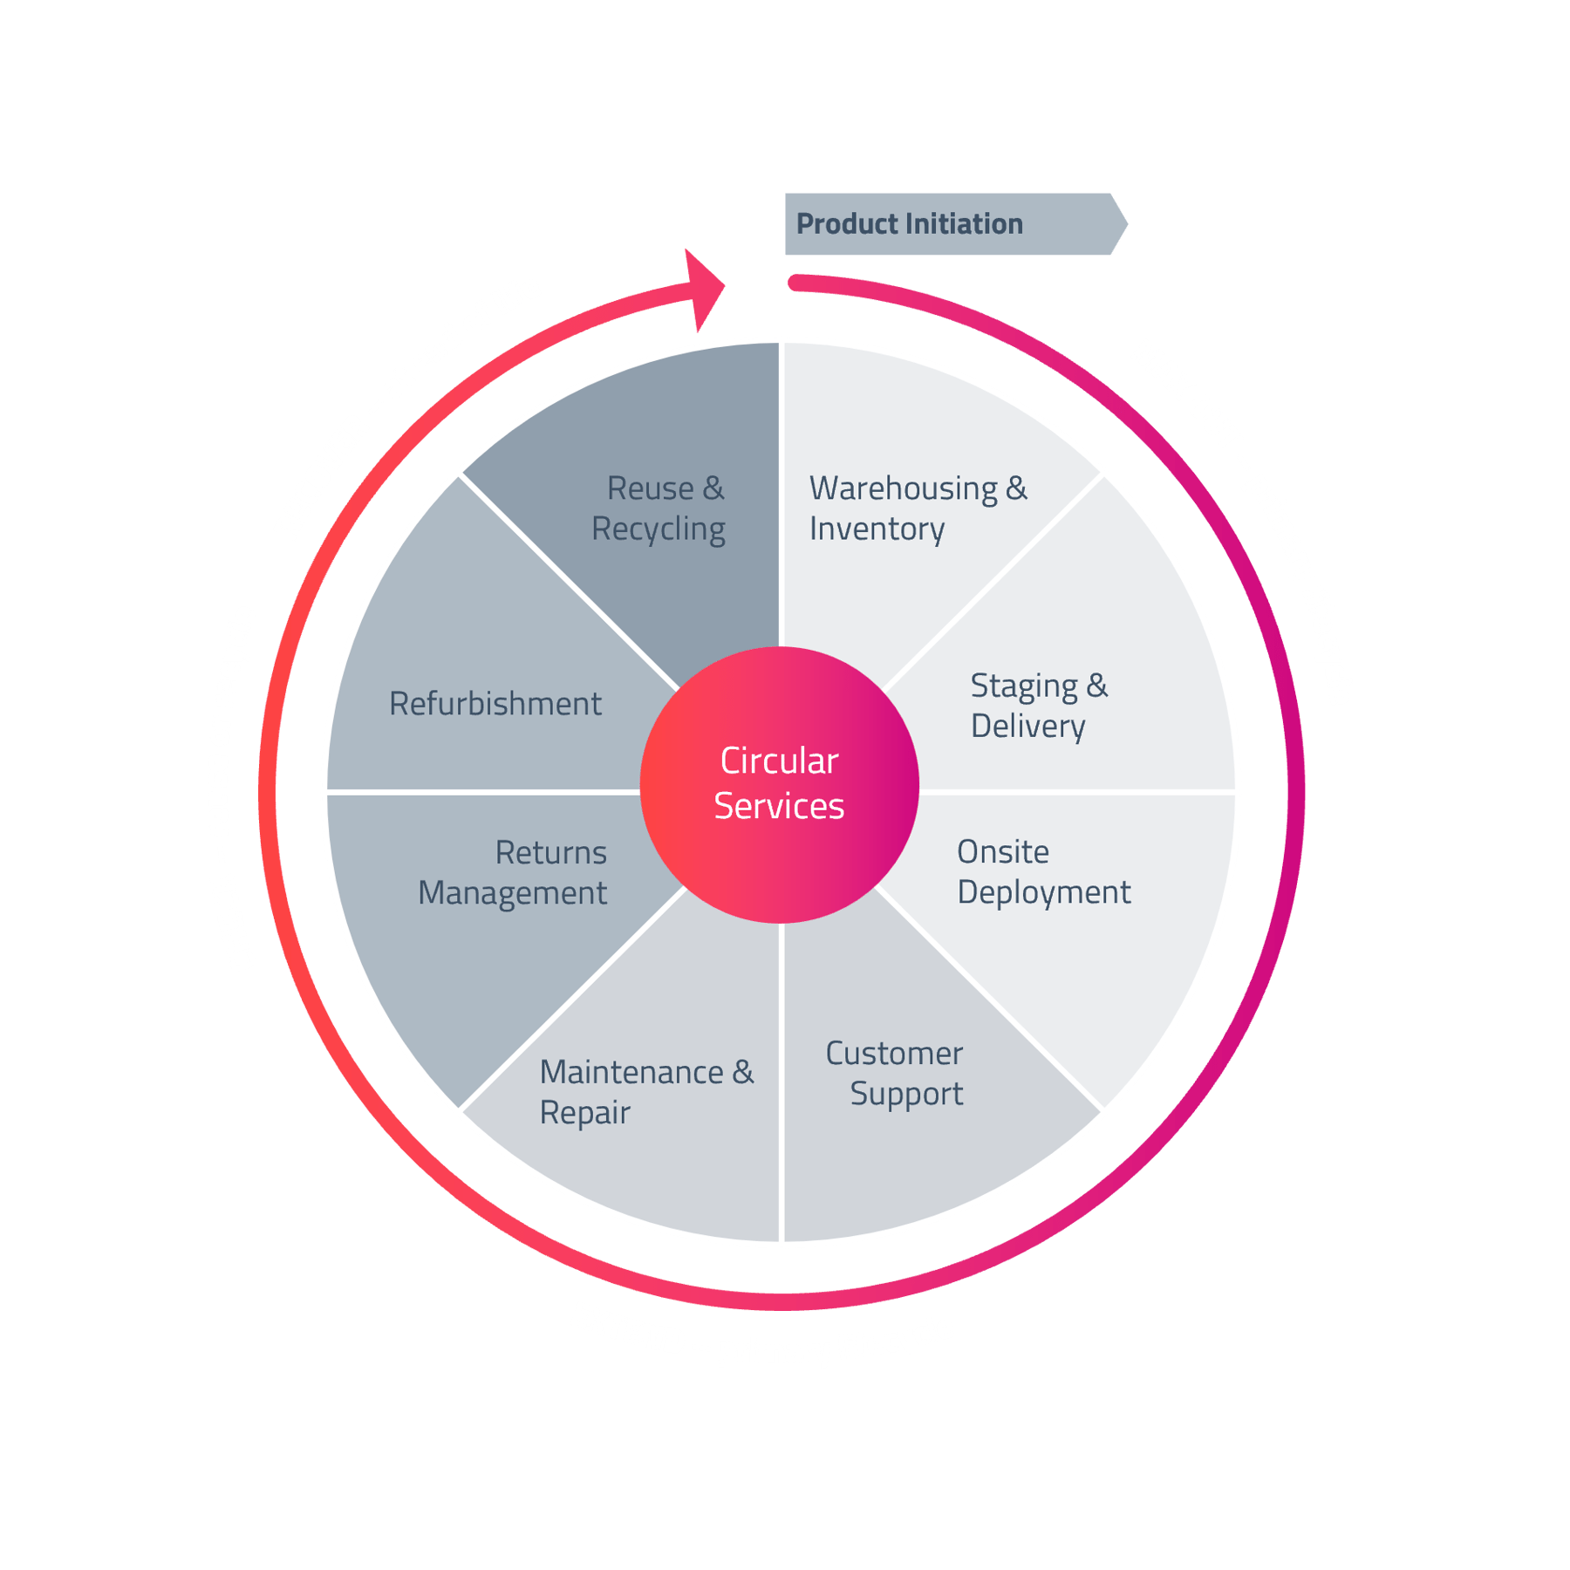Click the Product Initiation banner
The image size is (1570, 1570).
tap(951, 224)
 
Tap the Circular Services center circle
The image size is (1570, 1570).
tap(779, 784)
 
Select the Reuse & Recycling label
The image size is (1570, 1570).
tap(659, 509)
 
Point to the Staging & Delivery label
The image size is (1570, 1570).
tap(1038, 706)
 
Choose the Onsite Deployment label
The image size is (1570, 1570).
tap(1043, 871)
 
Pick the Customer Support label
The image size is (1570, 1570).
tap(895, 1073)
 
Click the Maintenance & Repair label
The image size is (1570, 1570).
tap(646, 1091)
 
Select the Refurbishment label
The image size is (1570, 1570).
tap(495, 704)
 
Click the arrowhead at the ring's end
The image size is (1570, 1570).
tap(706, 290)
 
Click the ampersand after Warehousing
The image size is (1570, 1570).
tap(1016, 488)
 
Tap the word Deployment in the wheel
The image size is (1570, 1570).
tap(1043, 892)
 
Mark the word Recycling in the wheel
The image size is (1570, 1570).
tap(659, 529)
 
